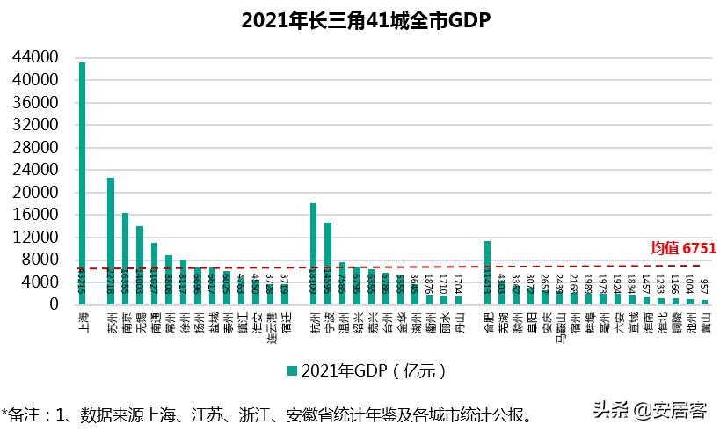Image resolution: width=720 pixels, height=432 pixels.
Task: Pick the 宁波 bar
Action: point(328,263)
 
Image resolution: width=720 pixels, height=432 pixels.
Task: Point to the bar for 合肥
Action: point(487,272)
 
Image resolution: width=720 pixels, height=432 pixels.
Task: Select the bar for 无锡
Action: point(140,265)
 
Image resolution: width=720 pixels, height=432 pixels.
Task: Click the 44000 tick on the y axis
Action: point(35,57)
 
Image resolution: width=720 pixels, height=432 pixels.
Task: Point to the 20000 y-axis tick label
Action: point(35,192)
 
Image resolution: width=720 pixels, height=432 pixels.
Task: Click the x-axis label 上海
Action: point(82,319)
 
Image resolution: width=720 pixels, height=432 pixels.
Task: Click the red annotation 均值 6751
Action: point(682,249)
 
